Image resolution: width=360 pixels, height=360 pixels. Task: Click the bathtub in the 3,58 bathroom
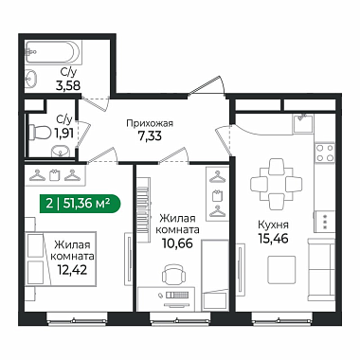[x=53, y=52]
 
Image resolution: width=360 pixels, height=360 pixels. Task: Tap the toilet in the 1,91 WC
[x=40, y=133]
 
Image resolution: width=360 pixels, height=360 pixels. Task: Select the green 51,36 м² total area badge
[x=80, y=204]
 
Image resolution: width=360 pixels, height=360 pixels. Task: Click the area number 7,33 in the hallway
[x=150, y=135]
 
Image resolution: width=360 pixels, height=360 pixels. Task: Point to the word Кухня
[x=273, y=225]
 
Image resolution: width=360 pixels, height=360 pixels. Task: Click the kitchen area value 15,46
[x=274, y=239]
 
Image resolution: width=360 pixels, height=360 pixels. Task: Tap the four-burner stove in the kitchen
[x=325, y=153]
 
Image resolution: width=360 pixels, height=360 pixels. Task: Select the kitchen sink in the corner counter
[x=302, y=124]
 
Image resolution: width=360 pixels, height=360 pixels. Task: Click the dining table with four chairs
[x=273, y=184]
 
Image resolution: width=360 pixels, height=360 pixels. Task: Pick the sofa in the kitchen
[x=321, y=269]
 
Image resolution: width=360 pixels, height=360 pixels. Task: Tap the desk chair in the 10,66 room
[x=173, y=274]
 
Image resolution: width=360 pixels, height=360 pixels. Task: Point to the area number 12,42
[x=72, y=270]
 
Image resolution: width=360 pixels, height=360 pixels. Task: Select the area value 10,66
[x=177, y=243]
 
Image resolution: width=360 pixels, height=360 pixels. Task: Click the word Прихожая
[x=150, y=123]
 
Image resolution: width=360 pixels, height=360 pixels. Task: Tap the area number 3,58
[x=68, y=85]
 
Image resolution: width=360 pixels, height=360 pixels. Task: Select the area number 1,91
[x=64, y=134]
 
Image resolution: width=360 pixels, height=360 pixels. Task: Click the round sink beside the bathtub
[x=31, y=78]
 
